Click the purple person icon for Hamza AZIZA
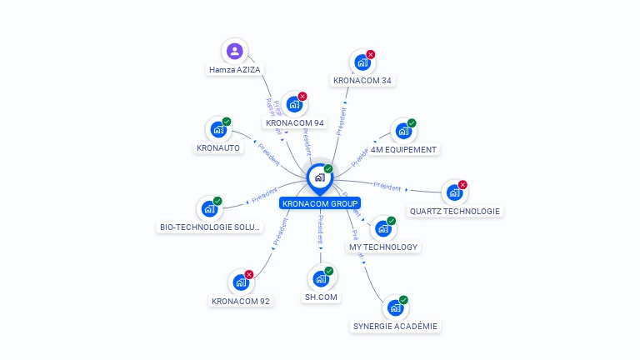pyautogui.click(x=235, y=51)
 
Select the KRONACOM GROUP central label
pyautogui.click(x=320, y=203)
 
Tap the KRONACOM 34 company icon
pyautogui.click(x=362, y=62)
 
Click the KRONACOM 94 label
pyautogui.click(x=295, y=123)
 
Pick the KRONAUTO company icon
pyautogui.click(x=218, y=129)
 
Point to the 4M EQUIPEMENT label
pyautogui.click(x=404, y=150)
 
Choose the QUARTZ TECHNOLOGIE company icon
pyautogui.click(x=454, y=192)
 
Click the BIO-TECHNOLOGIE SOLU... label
pyautogui.click(x=210, y=227)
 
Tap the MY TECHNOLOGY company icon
pyautogui.click(x=382, y=228)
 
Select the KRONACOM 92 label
pyautogui.click(x=241, y=301)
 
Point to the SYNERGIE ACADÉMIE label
pyautogui.click(x=395, y=327)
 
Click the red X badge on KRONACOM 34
pyautogui.click(x=371, y=55)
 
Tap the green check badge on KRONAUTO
pyautogui.click(x=227, y=122)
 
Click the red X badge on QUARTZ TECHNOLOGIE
pyautogui.click(x=462, y=185)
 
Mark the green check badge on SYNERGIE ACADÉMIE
pyautogui.click(x=403, y=300)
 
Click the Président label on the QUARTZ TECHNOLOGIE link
pyautogui.click(x=387, y=186)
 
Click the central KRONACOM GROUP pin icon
pyautogui.click(x=319, y=177)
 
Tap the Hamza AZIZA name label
pyautogui.click(x=235, y=71)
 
